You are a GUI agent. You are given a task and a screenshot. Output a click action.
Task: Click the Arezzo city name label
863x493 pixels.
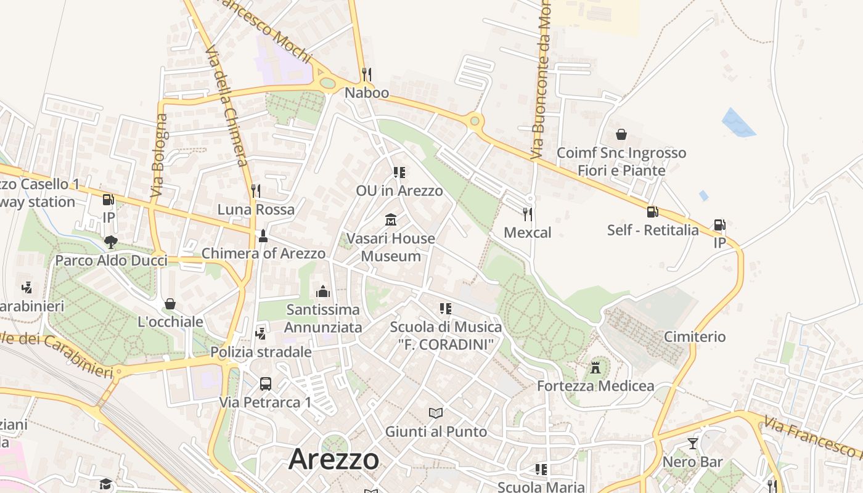(x=333, y=459)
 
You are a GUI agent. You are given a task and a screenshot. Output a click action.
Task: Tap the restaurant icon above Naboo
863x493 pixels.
(x=366, y=75)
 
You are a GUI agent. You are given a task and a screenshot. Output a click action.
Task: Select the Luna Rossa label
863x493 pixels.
(x=256, y=210)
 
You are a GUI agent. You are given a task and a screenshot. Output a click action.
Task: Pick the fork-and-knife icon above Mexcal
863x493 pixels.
(x=527, y=214)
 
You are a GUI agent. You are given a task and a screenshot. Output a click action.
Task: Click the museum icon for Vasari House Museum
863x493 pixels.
(x=390, y=219)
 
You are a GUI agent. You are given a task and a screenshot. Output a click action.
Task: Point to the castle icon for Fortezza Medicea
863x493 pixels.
(x=595, y=368)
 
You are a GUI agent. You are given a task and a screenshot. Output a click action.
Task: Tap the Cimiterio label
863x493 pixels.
(x=695, y=336)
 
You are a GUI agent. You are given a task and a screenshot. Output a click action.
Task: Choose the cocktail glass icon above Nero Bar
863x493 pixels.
(x=693, y=444)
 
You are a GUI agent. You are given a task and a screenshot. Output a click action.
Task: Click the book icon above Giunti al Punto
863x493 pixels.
(x=436, y=413)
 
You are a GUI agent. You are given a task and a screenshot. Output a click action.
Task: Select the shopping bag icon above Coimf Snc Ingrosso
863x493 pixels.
(x=621, y=134)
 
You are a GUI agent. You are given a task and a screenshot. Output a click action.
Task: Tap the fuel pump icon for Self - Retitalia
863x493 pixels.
(x=652, y=212)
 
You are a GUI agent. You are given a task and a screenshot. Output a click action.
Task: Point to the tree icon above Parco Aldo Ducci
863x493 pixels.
(x=111, y=242)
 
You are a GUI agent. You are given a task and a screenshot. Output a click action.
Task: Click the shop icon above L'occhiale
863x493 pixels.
(x=170, y=303)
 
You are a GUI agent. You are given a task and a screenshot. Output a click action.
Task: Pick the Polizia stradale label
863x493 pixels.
(x=261, y=352)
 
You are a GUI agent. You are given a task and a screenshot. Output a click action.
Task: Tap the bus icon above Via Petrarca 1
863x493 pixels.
(x=266, y=384)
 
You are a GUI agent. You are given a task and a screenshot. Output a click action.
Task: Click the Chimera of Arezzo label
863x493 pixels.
(x=263, y=253)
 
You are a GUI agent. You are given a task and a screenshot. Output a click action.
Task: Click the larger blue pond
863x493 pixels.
(x=738, y=123)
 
